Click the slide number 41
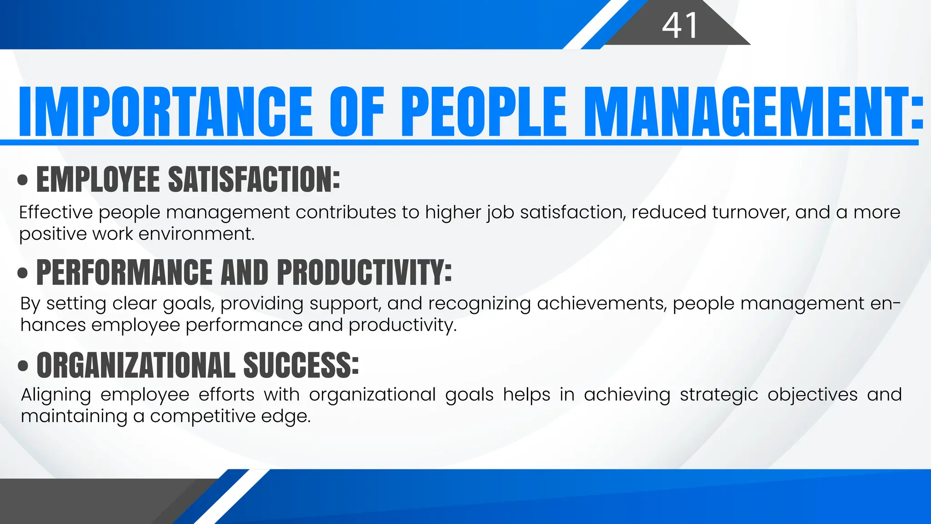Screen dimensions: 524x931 click(x=680, y=25)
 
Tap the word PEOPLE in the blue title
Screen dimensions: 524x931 click(x=484, y=111)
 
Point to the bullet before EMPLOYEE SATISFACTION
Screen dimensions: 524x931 click(x=22, y=180)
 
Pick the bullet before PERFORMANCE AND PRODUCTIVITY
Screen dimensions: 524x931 click(x=22, y=273)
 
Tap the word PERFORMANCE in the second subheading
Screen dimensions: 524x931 click(x=124, y=272)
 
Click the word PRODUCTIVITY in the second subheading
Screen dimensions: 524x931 click(x=364, y=272)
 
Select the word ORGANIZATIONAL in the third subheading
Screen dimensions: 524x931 click(x=136, y=365)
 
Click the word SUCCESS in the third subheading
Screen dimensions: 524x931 click(x=301, y=365)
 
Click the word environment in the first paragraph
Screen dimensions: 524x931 click(x=196, y=234)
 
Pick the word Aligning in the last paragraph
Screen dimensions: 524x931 click(x=56, y=395)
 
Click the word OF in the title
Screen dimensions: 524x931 click(x=357, y=111)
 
